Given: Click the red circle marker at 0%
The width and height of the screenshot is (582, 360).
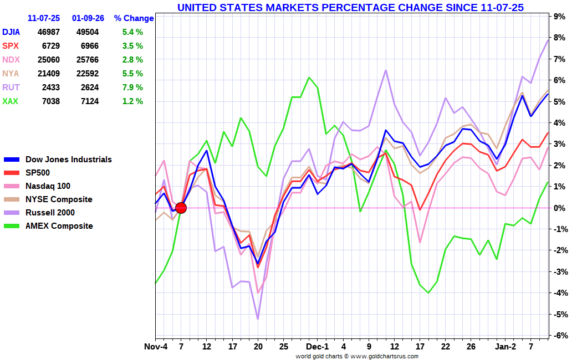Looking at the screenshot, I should click(181, 208).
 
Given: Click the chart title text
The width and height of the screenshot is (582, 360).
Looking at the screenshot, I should click(350, 7).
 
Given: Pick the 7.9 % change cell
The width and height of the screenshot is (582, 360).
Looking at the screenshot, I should click(132, 88).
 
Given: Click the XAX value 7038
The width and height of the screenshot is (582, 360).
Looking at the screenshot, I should click(49, 101).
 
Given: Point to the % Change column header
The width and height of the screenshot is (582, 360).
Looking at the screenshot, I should click(134, 18).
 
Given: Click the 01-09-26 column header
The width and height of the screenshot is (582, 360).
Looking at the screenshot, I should click(89, 18).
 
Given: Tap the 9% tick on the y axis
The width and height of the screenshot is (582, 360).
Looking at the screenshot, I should click(560, 17).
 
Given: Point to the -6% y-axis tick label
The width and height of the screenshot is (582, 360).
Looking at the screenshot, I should click(559, 336).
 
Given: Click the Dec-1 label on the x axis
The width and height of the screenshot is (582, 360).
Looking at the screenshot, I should click(318, 347).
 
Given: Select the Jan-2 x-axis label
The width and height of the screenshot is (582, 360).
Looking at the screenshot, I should click(506, 347).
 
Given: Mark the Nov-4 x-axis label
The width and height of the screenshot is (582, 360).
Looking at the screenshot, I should click(156, 347).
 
